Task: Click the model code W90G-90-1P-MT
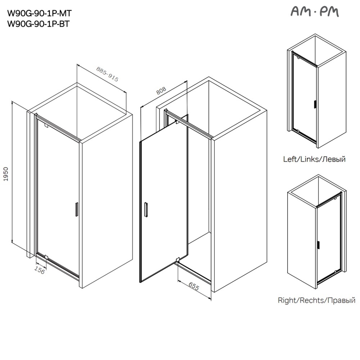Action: pos(40,14)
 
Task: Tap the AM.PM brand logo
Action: pos(314,12)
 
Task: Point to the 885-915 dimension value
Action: pos(107,75)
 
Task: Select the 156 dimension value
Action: pos(40,270)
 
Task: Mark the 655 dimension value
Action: pos(194,286)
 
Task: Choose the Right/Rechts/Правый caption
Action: pos(316,300)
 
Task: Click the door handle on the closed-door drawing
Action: pos(76,209)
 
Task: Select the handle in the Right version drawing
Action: pos(318,245)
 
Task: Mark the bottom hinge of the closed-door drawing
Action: pos(46,257)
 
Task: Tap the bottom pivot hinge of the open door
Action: pos(178,259)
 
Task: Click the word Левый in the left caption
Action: pos(335,159)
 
